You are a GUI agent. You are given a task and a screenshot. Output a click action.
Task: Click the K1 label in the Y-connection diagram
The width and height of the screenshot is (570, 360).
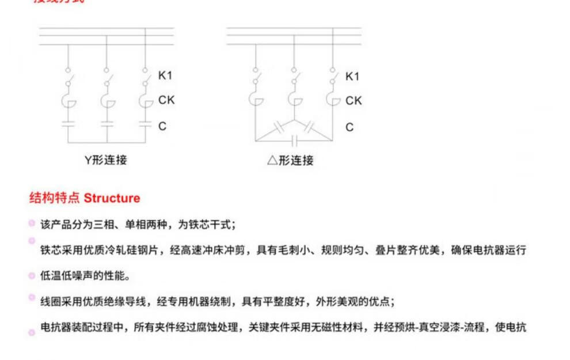(165, 76)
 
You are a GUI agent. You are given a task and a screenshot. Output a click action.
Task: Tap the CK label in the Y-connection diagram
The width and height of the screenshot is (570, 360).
(166, 100)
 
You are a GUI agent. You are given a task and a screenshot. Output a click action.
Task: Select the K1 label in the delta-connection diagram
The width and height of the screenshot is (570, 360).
(352, 76)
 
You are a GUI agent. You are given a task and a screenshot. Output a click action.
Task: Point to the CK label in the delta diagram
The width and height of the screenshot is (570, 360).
(354, 100)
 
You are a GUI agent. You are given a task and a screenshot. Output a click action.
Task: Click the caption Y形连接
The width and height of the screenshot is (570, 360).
(106, 160)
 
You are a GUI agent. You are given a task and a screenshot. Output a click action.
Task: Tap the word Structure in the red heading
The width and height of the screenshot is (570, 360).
(112, 198)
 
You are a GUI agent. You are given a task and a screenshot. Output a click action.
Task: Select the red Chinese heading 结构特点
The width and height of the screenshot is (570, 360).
(55, 198)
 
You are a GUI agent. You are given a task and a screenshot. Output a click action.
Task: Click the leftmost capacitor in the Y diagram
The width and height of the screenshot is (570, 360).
(69, 123)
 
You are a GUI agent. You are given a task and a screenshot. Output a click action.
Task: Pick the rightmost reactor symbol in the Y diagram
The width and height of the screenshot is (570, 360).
(145, 101)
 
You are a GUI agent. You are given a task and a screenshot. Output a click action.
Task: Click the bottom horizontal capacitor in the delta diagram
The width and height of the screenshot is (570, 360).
(294, 140)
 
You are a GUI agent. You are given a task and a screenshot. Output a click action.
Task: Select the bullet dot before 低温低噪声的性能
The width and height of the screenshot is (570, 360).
(32, 275)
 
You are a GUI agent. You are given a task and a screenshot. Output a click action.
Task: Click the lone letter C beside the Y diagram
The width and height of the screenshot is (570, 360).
(162, 126)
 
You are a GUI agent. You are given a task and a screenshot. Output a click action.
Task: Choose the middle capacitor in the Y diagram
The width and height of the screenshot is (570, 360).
(107, 123)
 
